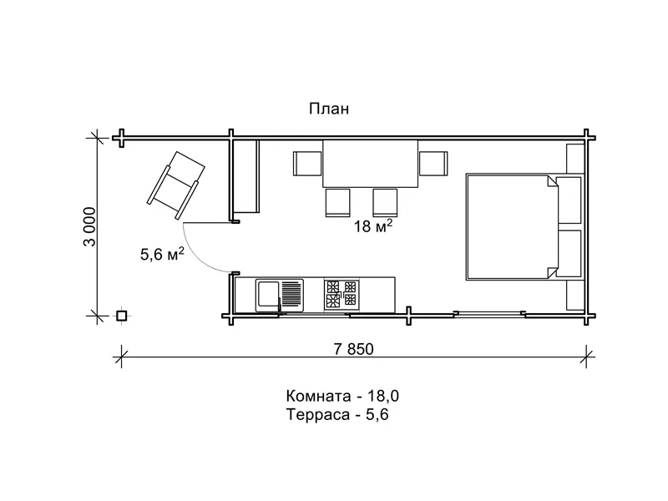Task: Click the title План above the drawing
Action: [x=329, y=109]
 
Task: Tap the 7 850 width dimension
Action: [x=353, y=349]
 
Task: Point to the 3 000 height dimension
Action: [x=90, y=226]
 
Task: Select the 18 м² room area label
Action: [x=373, y=225]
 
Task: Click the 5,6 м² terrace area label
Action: [x=162, y=254]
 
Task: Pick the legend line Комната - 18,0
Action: [x=342, y=396]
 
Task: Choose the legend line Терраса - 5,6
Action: [x=337, y=414]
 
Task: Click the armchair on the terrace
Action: [x=175, y=185]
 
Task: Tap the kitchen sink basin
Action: [x=267, y=294]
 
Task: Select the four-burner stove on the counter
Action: [x=342, y=295]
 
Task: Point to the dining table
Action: [x=370, y=164]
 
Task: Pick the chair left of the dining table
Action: [x=307, y=164]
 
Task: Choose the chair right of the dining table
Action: [x=433, y=164]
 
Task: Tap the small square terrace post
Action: [x=122, y=316]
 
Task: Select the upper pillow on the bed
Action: [x=569, y=200]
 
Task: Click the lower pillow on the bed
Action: [x=569, y=254]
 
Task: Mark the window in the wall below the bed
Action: [x=489, y=315]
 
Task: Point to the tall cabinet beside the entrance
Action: [x=246, y=176]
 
